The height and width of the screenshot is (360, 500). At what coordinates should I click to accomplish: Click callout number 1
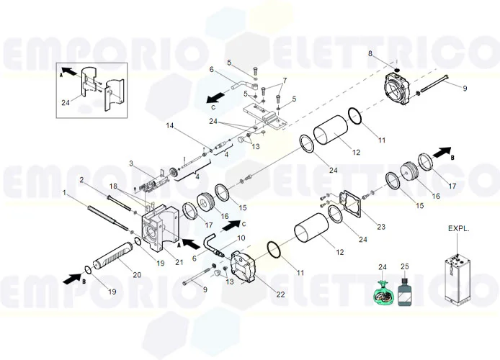pos(65,193)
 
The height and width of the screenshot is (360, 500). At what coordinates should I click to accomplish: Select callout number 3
pos(130,163)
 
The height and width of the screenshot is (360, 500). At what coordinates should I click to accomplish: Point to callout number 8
pos(370,54)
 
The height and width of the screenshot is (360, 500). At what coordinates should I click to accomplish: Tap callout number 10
pos(241,238)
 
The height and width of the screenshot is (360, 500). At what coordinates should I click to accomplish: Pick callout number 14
pos(170,126)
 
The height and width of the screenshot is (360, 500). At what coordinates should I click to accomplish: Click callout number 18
pos(112,186)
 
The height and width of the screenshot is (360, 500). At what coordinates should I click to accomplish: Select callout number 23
pos(381,227)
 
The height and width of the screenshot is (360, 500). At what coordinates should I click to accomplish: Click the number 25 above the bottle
pos(404,267)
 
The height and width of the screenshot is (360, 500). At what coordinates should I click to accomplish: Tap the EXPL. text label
pos(458,229)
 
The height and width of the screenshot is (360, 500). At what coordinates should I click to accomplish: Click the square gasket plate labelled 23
pos(351,203)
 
